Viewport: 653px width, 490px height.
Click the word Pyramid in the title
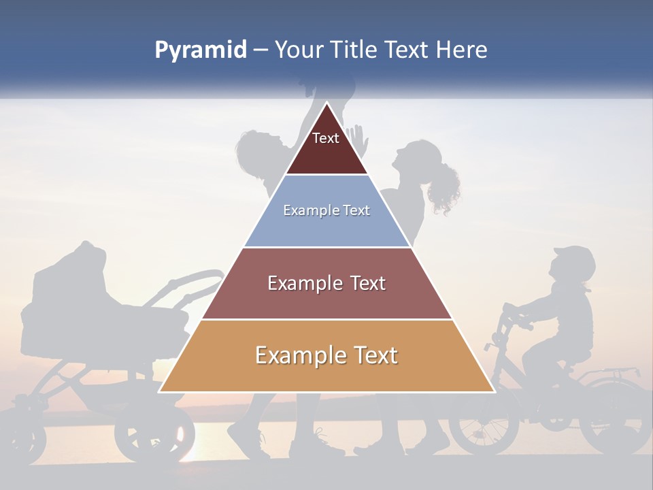coord(201,50)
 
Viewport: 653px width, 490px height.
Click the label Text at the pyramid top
coord(326,138)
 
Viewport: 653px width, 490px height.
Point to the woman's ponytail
coord(444,187)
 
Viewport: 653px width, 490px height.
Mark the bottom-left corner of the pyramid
coord(159,392)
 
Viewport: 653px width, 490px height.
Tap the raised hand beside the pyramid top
coord(358,140)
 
